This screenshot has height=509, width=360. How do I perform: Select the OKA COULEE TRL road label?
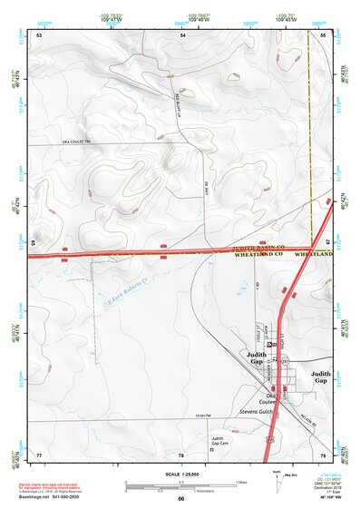pyautogui.click(x=76, y=142)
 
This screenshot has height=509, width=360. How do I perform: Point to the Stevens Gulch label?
pyautogui.click(x=256, y=411)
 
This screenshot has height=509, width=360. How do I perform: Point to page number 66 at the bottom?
pyautogui.click(x=180, y=498)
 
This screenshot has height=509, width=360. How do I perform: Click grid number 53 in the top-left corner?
pyautogui.click(x=39, y=34)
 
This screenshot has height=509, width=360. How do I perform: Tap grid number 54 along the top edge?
pyautogui.click(x=181, y=34)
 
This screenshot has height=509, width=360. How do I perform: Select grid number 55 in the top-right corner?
pyautogui.click(x=323, y=34)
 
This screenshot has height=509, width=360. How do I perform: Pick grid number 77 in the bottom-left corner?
pyautogui.click(x=39, y=455)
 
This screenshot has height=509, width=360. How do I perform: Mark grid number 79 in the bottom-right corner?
pyautogui.click(x=323, y=455)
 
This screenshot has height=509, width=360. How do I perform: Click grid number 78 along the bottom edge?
pyautogui.click(x=181, y=455)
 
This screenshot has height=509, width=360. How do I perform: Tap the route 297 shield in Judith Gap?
pyautogui.click(x=284, y=361)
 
